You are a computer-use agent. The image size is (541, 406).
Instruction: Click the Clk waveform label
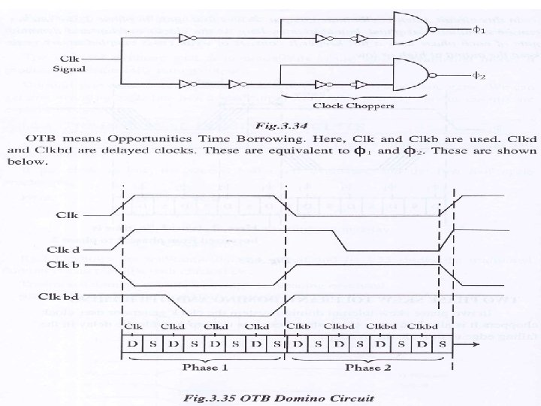[x=68, y=214]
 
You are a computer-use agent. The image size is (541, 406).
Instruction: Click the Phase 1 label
[x=203, y=368]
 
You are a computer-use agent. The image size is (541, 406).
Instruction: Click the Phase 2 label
[x=367, y=368]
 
